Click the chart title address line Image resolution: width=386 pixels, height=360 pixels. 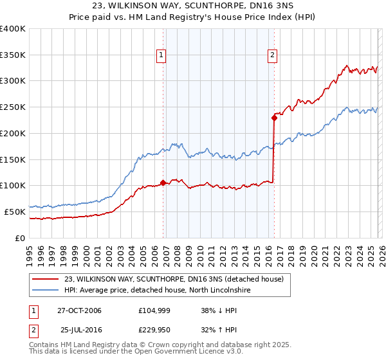coord(193,6)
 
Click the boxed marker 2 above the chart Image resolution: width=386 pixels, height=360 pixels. coord(273,55)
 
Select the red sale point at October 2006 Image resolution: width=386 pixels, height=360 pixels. coord(163,183)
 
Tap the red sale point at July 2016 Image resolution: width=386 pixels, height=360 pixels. coord(274,118)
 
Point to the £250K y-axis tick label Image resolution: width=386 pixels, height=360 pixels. coord(12,107)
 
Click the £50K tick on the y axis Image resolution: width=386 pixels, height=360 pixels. coord(15,212)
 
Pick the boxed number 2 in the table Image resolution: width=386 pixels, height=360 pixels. coord(33,330)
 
